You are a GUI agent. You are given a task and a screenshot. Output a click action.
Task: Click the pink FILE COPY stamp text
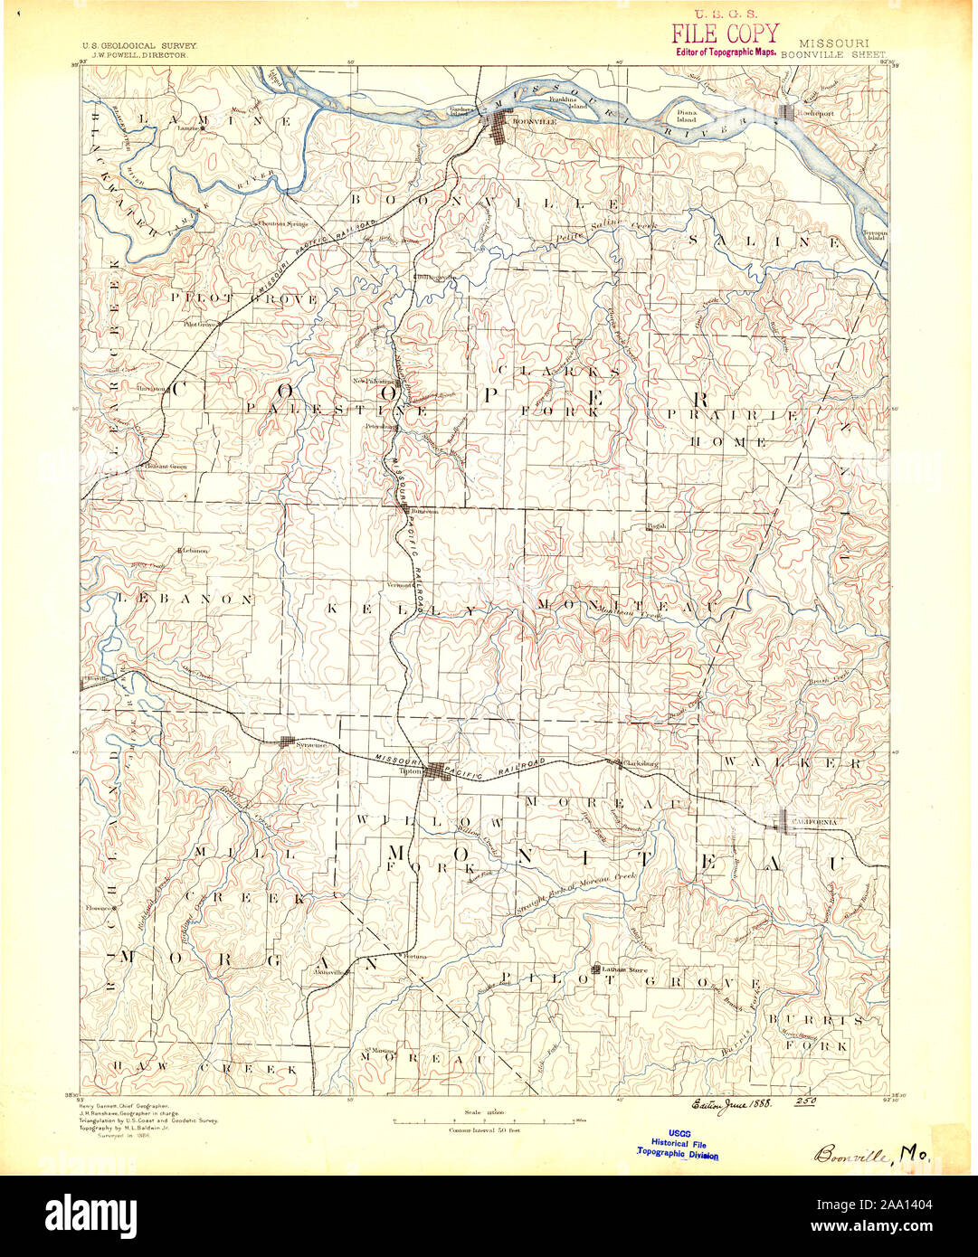point(724,34)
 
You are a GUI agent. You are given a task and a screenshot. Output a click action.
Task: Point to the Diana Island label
point(688,115)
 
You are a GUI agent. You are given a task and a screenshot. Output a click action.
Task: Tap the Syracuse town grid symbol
point(287,742)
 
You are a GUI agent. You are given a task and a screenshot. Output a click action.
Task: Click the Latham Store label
point(626,970)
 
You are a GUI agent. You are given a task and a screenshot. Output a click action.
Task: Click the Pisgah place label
point(657,525)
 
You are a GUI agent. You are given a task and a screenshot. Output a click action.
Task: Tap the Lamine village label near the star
point(187,128)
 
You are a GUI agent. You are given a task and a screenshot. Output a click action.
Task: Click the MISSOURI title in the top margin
point(833,43)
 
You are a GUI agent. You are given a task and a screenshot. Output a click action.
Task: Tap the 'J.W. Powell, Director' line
point(135,55)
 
